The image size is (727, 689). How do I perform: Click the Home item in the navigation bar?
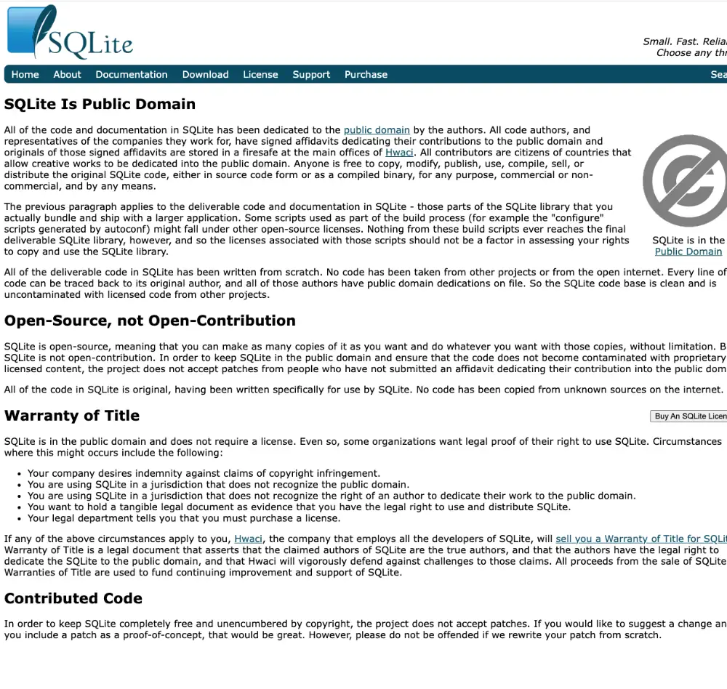tap(25, 74)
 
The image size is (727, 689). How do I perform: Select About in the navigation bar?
tap(67, 74)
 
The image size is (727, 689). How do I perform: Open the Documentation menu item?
tap(132, 74)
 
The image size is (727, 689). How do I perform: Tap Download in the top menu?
tap(205, 74)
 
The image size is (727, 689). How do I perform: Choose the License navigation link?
tap(260, 74)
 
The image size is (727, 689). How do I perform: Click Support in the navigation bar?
tap(311, 74)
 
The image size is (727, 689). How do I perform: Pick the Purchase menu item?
tap(366, 74)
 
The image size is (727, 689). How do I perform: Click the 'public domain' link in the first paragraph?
tap(377, 130)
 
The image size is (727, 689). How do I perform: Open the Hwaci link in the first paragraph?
tap(399, 153)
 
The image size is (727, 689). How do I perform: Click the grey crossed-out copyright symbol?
tap(683, 180)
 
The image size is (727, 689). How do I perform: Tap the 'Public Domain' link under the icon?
tap(688, 251)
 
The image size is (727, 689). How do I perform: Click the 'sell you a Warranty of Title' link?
tap(640, 539)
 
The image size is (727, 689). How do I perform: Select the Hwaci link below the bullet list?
tap(249, 539)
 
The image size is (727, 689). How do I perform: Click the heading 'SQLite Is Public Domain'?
tap(100, 104)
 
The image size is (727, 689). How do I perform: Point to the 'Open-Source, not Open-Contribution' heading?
tap(150, 321)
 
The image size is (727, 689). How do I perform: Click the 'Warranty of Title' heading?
tap(72, 416)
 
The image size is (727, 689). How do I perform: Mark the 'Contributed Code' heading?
tap(73, 598)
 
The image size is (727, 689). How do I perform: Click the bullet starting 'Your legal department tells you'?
tap(183, 518)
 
